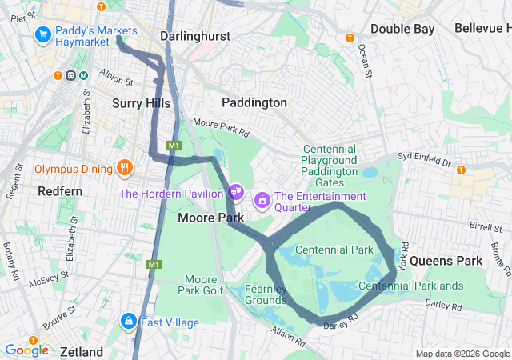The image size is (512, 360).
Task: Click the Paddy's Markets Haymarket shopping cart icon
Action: point(42,36)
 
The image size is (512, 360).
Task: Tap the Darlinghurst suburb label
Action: point(195,36)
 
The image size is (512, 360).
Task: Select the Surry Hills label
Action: point(142,102)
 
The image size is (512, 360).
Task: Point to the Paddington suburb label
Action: point(254,102)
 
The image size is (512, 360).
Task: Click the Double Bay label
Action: point(402,29)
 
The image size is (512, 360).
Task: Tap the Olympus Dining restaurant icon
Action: point(123,168)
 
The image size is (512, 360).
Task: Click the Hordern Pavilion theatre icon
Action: point(236,192)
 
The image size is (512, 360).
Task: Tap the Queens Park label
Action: point(446,261)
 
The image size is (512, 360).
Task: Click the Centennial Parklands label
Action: point(411,286)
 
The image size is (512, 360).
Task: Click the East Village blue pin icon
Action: point(127,322)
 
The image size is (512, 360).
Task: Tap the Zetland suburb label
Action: point(81,352)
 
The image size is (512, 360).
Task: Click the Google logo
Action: point(27,350)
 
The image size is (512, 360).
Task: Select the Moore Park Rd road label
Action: point(222,127)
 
